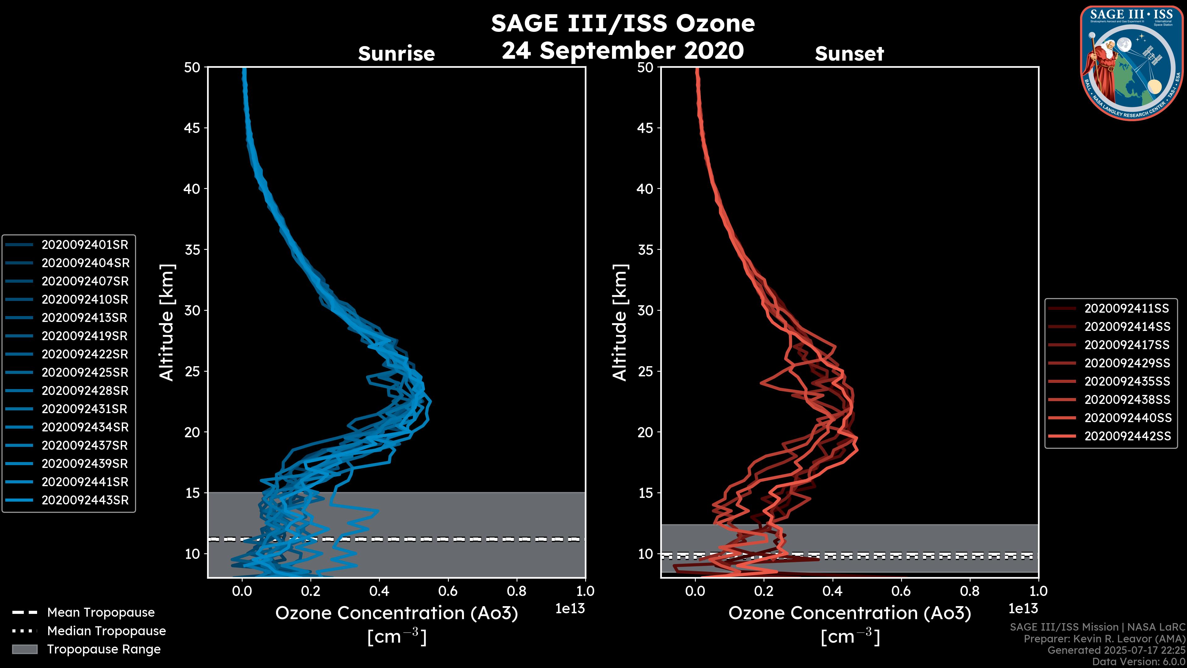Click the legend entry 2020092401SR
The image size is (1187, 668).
click(x=85, y=245)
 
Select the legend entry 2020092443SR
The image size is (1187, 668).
click(x=85, y=500)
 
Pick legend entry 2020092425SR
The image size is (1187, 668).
click(x=85, y=372)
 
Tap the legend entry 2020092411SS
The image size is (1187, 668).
click(x=1127, y=308)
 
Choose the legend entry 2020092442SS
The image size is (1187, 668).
click(x=1127, y=436)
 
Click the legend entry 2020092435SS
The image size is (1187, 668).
click(x=1127, y=381)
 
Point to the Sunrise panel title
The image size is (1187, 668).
click(x=396, y=54)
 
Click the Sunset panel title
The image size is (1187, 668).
click(x=849, y=54)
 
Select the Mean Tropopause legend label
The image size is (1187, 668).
click(x=101, y=612)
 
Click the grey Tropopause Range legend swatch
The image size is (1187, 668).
click(x=25, y=649)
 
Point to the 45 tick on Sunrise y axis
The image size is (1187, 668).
click(x=192, y=128)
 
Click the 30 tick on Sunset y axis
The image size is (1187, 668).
click(x=645, y=310)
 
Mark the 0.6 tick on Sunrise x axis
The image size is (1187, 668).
click(x=448, y=591)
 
